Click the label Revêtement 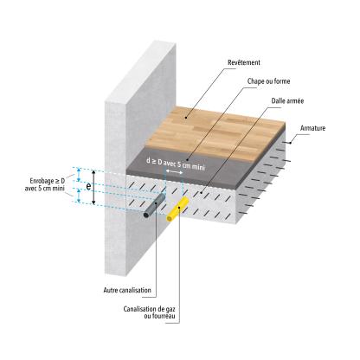pos(244,62)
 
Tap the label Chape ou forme pos(268,81)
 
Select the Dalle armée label pos(287,101)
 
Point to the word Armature pos(312,128)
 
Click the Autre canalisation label pos(127,290)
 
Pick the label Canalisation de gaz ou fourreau pos(149,312)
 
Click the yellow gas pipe pos(177,209)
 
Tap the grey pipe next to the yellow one pos(155,206)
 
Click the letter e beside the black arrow pos(89,187)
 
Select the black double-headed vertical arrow pos(93,187)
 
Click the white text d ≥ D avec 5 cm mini pos(176,164)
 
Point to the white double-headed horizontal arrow pos(174,172)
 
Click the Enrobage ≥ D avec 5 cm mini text pos(46,184)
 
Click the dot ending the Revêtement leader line pos(186,118)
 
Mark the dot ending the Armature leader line pos(291,142)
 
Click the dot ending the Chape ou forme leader pos(187,159)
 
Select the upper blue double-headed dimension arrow pos(78,175)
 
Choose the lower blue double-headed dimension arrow pos(78,196)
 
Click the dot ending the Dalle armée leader pos(202,191)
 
